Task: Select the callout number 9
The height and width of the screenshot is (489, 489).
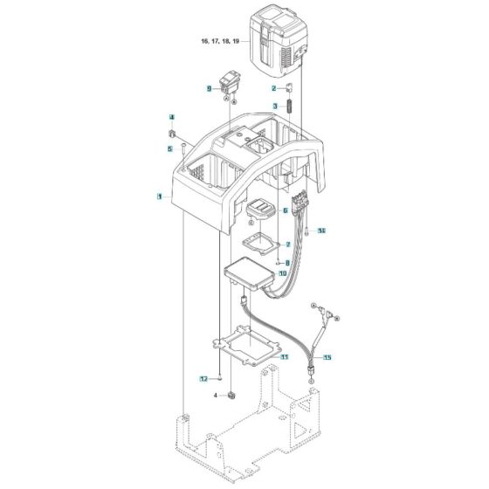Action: (x=210, y=89)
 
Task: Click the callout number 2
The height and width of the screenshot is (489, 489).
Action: (x=274, y=89)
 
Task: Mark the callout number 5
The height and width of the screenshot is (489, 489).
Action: (x=171, y=149)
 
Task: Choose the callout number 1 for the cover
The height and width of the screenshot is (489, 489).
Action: (x=160, y=198)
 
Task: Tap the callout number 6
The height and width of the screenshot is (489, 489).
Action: (x=285, y=210)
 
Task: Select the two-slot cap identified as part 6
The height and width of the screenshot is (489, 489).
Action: (x=260, y=210)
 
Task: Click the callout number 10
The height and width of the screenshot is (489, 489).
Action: (x=282, y=274)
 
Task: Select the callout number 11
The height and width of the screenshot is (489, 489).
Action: (x=284, y=357)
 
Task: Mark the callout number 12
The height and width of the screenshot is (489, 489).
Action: (x=203, y=379)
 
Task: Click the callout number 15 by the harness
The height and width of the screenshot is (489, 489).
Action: (x=327, y=358)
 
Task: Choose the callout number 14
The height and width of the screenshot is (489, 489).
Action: (x=321, y=231)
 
